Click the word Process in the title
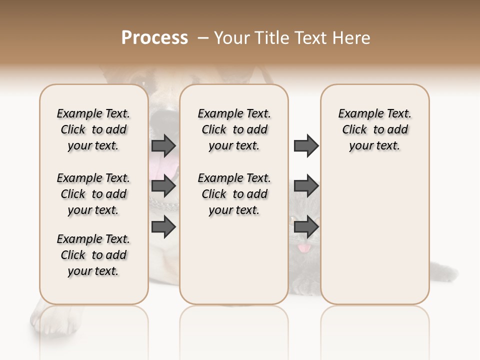pyautogui.click(x=154, y=38)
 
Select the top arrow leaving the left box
pyautogui.click(x=163, y=145)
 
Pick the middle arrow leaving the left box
pyautogui.click(x=163, y=186)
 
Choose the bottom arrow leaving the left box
pyautogui.click(x=163, y=227)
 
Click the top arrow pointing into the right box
pyautogui.click(x=306, y=145)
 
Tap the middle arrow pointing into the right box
pyautogui.click(x=306, y=186)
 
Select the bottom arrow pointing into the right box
pyautogui.click(x=306, y=227)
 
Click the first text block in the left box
pyautogui.click(x=93, y=129)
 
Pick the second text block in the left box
pyautogui.click(x=93, y=194)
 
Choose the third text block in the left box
pyautogui.click(x=93, y=255)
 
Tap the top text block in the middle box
pyautogui.click(x=234, y=129)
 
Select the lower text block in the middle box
pyautogui.click(x=234, y=194)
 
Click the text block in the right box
pyautogui.click(x=374, y=129)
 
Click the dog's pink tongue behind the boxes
pyautogui.click(x=165, y=167)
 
